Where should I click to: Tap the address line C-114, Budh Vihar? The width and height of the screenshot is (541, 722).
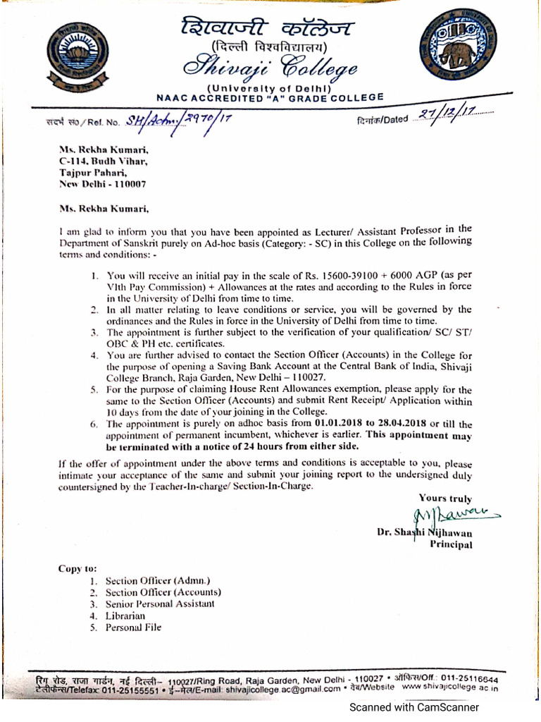click(x=103, y=161)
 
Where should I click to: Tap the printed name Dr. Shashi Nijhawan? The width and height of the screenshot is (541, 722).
click(x=425, y=533)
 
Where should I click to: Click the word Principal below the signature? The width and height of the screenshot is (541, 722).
click(x=451, y=544)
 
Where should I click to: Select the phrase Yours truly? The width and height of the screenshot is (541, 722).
click(x=445, y=498)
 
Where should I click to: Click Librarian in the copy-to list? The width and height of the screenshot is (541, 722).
click(x=125, y=616)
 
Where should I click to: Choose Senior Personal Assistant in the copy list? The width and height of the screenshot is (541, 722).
click(x=160, y=604)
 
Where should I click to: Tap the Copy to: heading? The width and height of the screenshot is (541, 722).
click(x=77, y=569)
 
